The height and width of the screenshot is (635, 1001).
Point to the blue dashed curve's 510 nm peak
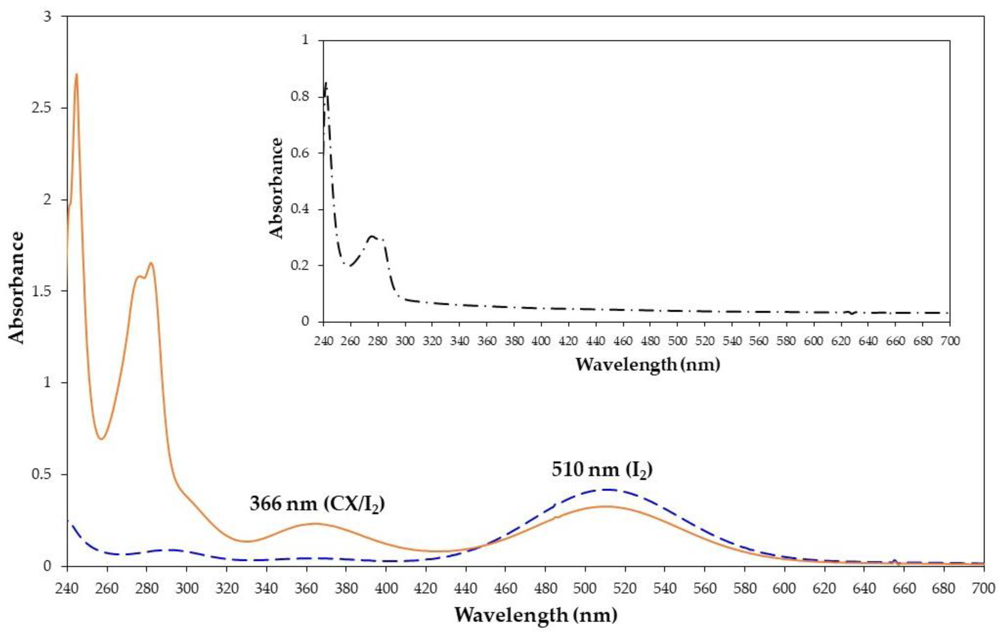608,490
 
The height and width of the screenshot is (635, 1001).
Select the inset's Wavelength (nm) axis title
648,365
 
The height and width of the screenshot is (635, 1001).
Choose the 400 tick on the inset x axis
541,341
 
